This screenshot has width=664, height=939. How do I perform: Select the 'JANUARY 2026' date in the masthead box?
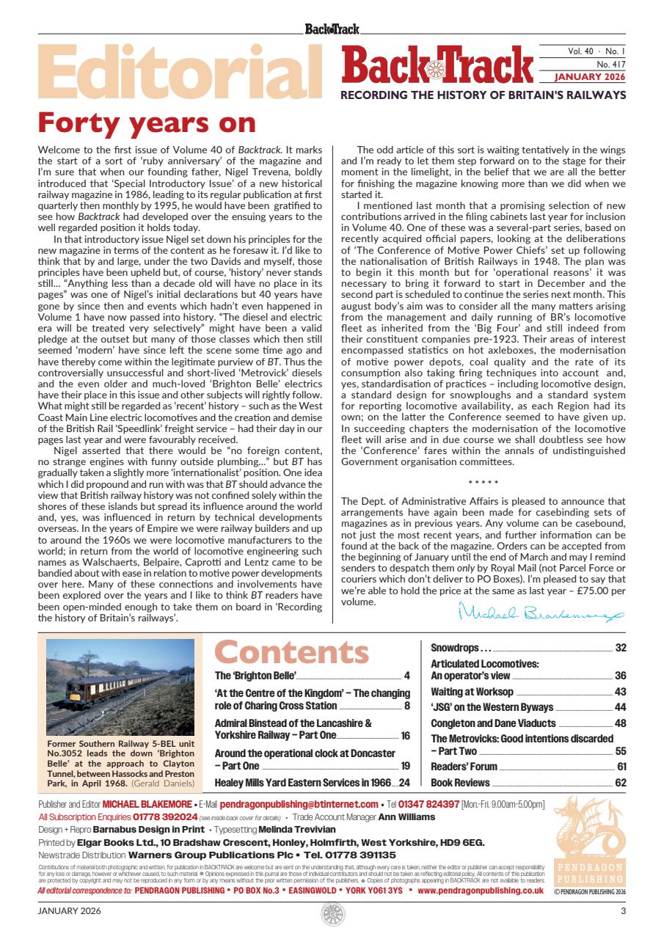[x=589, y=76]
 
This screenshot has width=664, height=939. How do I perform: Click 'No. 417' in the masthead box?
[x=610, y=65]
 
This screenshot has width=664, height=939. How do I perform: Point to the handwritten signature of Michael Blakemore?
[x=541, y=610]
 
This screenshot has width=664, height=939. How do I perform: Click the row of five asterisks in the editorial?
[x=484, y=482]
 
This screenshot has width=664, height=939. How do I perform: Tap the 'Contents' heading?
[x=292, y=652]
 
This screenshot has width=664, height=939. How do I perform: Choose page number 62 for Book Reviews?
[x=621, y=782]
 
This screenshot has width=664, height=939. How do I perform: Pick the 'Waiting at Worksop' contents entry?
[x=472, y=692]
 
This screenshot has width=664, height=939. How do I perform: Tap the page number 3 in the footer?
[x=623, y=911]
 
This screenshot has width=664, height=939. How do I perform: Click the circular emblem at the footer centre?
[x=332, y=913]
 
